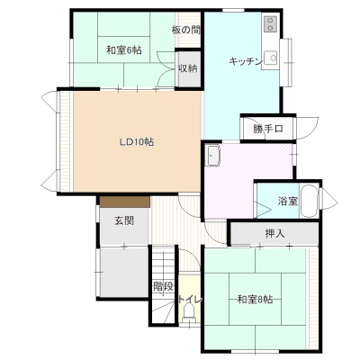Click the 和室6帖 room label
tap(124, 50)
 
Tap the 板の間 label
tap(186, 30)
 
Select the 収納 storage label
tap(188, 68)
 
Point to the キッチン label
tap(246, 61)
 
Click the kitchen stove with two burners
tap(270, 24)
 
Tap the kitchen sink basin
tap(271, 58)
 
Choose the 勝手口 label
tap(268, 129)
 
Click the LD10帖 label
tap(137, 141)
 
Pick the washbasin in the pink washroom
tap(212, 155)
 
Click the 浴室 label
tap(287, 201)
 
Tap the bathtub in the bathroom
tap(309, 201)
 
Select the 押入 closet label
tap(274, 233)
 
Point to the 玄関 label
tap(124, 221)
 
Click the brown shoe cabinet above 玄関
tap(125, 202)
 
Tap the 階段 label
tap(164, 286)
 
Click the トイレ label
tap(190, 300)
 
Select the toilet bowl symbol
tap(189, 312)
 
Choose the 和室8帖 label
tap(255, 299)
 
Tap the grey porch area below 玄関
tap(124, 272)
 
